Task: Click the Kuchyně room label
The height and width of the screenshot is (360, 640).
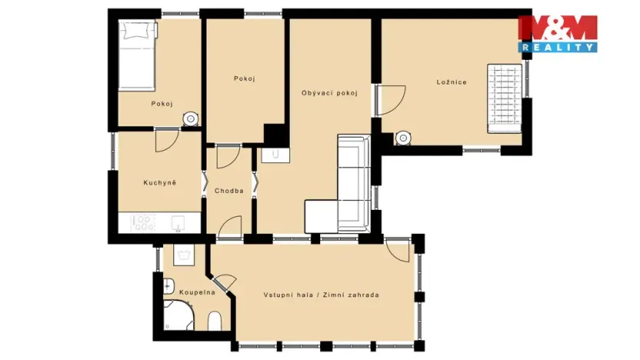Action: (x=160, y=182)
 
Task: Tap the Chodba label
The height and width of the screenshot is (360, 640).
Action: (x=229, y=191)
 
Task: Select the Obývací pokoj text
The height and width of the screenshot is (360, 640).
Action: (x=329, y=93)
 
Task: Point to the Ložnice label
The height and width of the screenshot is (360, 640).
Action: (x=452, y=82)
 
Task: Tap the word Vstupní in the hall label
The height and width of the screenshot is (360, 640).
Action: (x=280, y=295)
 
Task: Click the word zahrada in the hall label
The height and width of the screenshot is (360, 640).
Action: (x=361, y=295)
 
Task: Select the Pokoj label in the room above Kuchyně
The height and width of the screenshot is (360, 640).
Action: (x=162, y=104)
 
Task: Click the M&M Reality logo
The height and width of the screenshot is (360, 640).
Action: (x=558, y=33)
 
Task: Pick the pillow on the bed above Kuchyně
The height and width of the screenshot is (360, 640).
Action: (x=137, y=32)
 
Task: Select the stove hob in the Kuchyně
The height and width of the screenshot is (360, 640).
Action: (x=143, y=222)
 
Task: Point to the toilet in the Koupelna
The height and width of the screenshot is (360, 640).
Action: (x=215, y=321)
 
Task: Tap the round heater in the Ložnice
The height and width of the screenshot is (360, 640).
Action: (x=402, y=138)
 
